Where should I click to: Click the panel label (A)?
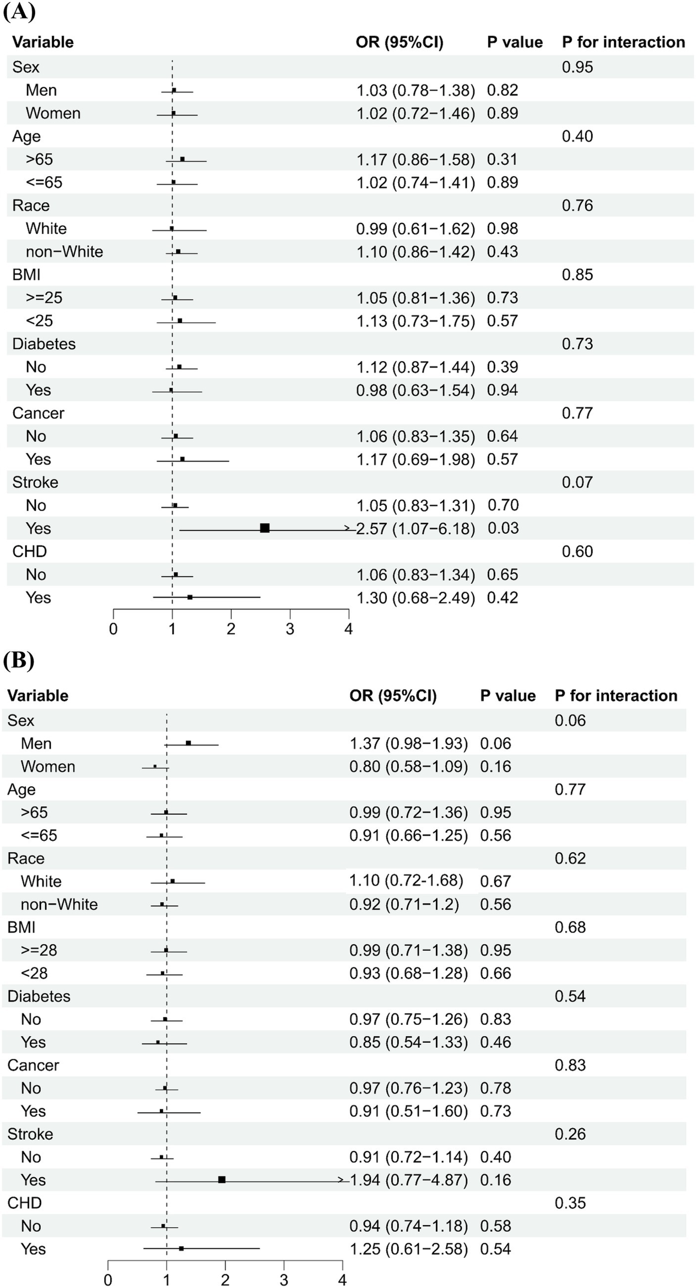(19, 11)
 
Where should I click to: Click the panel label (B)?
(19, 660)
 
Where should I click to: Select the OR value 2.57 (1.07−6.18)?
(415, 529)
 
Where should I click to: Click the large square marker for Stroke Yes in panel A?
(265, 528)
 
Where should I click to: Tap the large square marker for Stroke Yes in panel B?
(222, 1180)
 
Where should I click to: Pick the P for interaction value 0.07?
(577, 482)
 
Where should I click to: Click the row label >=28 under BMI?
(39, 950)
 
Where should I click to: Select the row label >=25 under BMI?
(44, 298)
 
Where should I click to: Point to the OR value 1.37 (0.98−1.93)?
(409, 743)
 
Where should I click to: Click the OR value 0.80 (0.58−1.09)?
(409, 767)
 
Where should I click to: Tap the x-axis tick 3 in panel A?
(290, 629)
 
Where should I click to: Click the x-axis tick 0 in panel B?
(108, 1280)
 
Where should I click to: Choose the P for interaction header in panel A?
(623, 42)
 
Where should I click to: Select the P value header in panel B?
(507, 696)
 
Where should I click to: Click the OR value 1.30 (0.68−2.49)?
(415, 598)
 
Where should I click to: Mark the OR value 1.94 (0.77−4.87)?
(409, 1180)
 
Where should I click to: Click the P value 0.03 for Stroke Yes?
(503, 528)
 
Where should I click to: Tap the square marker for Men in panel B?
(189, 743)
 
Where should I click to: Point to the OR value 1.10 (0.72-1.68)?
(406, 880)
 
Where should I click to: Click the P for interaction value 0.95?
(577, 67)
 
